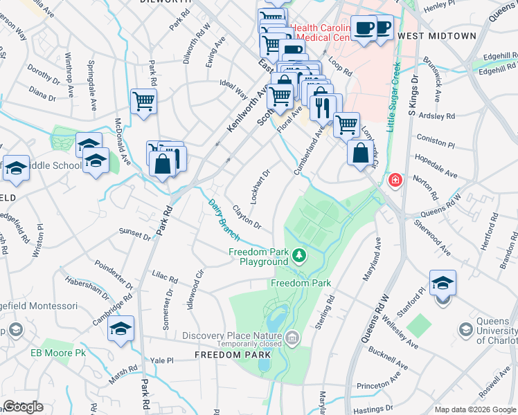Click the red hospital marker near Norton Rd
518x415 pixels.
click(395, 181)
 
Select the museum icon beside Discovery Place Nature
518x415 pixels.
click(292, 338)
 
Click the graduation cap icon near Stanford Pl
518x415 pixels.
click(443, 284)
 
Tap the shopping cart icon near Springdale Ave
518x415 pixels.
click(143, 102)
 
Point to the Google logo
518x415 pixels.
click(23, 407)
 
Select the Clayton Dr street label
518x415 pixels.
click(247, 216)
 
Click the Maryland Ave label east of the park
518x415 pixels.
click(371, 259)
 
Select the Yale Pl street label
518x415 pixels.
click(161, 360)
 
